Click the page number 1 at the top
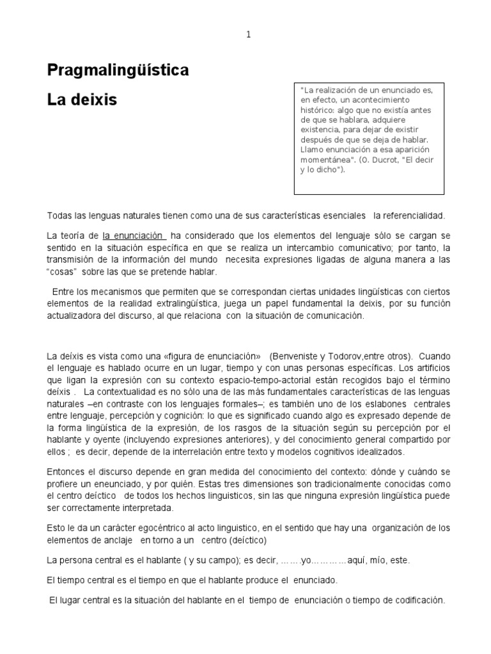pos(249,35)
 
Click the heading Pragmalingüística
pos(118,70)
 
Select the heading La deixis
pos(82,100)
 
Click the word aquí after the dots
pos(358,560)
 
